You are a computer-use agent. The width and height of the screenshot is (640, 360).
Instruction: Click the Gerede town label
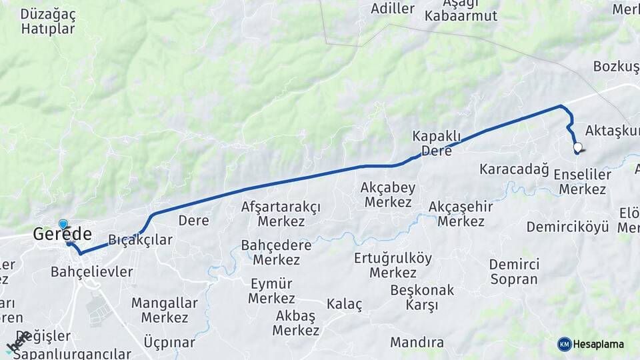63,235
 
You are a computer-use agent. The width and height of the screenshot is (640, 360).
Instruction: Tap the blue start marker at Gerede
63,224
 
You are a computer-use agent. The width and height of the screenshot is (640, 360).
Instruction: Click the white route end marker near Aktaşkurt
577,149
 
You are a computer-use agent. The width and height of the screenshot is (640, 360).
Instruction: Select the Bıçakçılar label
140,240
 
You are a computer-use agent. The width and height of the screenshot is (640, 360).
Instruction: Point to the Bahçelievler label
91,272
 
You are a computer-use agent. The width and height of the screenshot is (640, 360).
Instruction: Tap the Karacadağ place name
513,169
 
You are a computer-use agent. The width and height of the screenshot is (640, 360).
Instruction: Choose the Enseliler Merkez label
582,182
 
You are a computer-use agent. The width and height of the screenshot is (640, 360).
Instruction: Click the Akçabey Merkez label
387,194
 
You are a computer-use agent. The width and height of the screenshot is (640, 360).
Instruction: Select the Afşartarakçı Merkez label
281,214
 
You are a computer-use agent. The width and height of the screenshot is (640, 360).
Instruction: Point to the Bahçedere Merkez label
276,252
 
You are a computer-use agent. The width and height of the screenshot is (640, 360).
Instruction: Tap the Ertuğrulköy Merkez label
393,265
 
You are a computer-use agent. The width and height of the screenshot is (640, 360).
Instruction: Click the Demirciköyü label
567,227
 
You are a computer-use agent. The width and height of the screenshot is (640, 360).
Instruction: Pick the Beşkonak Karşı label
421,297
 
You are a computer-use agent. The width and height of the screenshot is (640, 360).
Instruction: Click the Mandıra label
417,343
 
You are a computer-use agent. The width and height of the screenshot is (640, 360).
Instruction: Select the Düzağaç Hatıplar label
48,21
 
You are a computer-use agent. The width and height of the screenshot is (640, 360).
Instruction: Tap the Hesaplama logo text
598,344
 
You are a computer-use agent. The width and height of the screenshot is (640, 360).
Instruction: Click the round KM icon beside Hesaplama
565,344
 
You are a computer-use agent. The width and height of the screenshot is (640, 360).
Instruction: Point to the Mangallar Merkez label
164,310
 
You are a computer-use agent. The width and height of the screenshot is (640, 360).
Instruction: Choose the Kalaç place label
344,305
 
